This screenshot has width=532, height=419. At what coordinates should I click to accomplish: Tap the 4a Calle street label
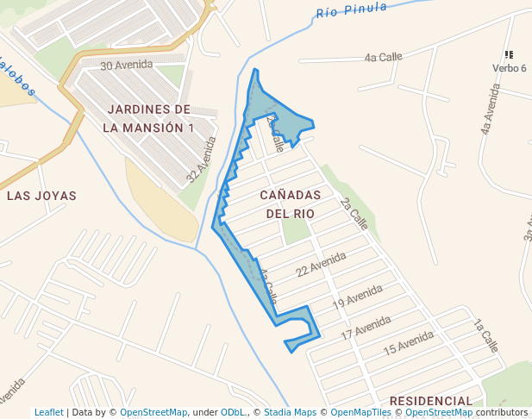pyautogui.click(x=384, y=58)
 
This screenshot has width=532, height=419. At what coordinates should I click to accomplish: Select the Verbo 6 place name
pyautogui.click(x=510, y=68)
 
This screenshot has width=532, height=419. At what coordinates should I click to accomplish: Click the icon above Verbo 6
pyautogui.click(x=509, y=55)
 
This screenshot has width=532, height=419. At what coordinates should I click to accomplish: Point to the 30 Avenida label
pyautogui.click(x=126, y=65)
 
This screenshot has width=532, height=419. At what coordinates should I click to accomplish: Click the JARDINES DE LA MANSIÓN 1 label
pyautogui.click(x=148, y=118)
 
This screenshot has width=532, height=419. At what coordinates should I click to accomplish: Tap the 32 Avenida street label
pyautogui.click(x=202, y=160)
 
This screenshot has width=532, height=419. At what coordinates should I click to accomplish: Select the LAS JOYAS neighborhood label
pyautogui.click(x=41, y=196)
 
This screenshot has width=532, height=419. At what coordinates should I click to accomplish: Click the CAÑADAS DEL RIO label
pyautogui.click(x=290, y=203)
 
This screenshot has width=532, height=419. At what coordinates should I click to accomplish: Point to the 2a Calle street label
pyautogui.click(x=354, y=212)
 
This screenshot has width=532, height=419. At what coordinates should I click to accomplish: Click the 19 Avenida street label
pyautogui.click(x=357, y=297)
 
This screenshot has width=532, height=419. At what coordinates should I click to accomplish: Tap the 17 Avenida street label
pyautogui.click(x=366, y=327)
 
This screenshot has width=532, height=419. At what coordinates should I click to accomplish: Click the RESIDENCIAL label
pyautogui.click(x=430, y=401)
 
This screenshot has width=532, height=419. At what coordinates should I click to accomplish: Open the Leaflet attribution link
pyautogui.click(x=49, y=412)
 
